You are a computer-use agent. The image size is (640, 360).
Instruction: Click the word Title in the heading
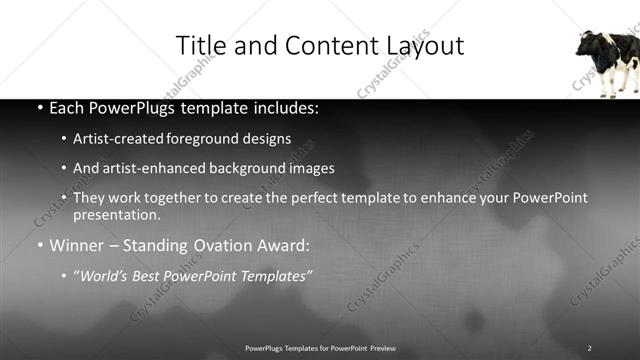point(199,46)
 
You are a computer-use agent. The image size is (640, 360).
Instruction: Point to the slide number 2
point(589,348)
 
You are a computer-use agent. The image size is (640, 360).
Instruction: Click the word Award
point(283,245)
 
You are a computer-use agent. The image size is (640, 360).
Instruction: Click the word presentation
point(116,215)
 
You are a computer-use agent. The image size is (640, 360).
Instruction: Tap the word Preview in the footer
point(383,348)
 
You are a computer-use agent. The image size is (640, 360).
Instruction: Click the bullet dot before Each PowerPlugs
point(39,108)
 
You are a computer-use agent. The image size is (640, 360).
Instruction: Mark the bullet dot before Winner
point(39,246)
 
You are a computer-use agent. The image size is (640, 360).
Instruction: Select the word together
point(176,199)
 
